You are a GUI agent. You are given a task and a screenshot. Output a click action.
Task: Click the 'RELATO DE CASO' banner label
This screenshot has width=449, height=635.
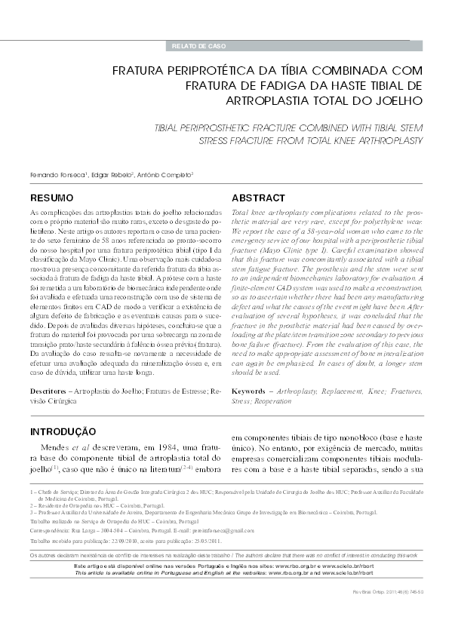click(195, 47)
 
